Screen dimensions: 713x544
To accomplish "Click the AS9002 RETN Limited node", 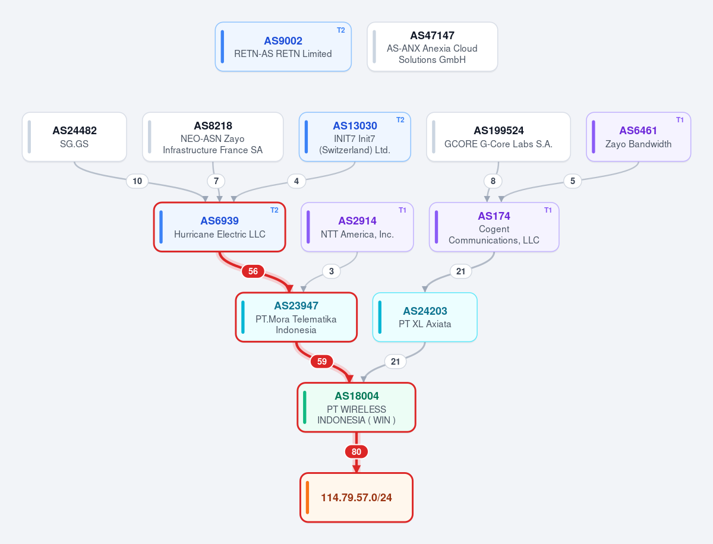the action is [x=283, y=47].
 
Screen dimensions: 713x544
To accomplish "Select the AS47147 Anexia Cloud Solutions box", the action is [x=432, y=47].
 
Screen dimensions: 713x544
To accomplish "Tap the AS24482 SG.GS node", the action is [x=74, y=137].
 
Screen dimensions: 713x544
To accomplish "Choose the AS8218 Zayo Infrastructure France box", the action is [x=213, y=137].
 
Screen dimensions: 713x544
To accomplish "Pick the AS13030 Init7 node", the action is [x=355, y=137].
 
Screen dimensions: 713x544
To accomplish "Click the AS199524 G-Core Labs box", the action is [x=499, y=137].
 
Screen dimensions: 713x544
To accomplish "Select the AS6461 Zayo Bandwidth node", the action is [x=638, y=137].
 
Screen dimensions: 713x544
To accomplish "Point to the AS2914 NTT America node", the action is [x=357, y=227].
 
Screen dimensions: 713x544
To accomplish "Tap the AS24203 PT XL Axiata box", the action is [x=425, y=317].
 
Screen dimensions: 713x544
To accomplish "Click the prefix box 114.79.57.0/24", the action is [x=356, y=497].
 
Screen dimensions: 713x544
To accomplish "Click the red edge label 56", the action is [x=253, y=271].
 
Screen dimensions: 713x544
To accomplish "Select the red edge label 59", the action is [x=321, y=361].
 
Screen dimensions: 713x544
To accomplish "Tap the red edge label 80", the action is [x=356, y=451].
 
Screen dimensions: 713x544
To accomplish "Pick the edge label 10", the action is [x=137, y=181].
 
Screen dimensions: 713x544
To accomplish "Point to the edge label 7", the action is [x=216, y=181].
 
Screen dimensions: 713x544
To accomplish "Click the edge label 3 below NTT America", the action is [x=332, y=271].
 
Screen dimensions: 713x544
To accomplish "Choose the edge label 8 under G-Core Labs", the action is [x=493, y=181].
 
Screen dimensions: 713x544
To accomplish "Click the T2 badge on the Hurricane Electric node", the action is [x=275, y=210].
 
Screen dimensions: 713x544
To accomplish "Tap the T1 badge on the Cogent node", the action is [x=548, y=210].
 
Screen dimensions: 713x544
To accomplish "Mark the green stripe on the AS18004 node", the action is [x=305, y=407].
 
